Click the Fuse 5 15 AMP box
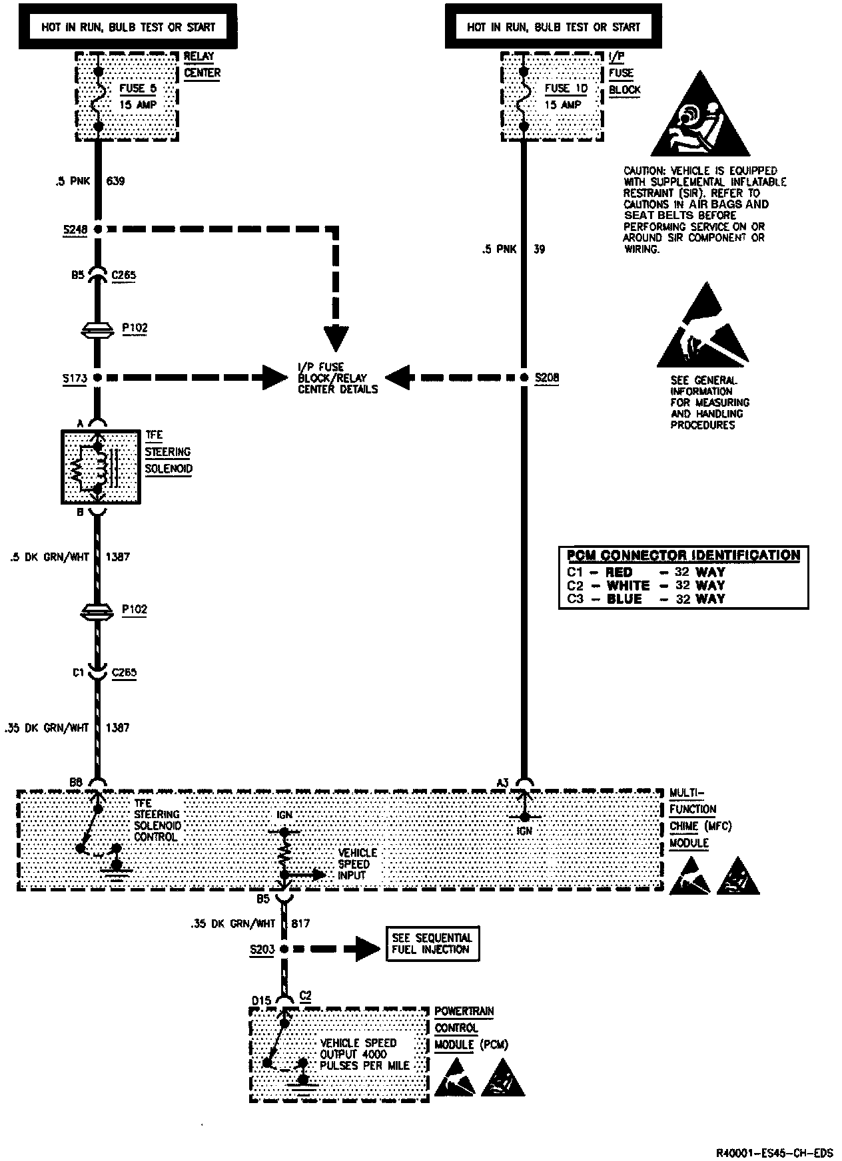point(127,97)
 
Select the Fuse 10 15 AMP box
point(553,97)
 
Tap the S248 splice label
point(75,230)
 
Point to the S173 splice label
point(75,378)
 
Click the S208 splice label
point(548,377)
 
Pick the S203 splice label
point(262,949)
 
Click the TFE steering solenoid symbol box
point(100,466)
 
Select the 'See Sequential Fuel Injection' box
point(433,944)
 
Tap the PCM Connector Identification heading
point(683,555)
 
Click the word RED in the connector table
point(619,573)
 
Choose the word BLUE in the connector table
point(624,599)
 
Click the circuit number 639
point(115,181)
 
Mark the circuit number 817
point(301,923)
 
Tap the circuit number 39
point(540,250)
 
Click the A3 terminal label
point(504,783)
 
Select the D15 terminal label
point(262,1001)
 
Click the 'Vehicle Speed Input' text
point(358,864)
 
